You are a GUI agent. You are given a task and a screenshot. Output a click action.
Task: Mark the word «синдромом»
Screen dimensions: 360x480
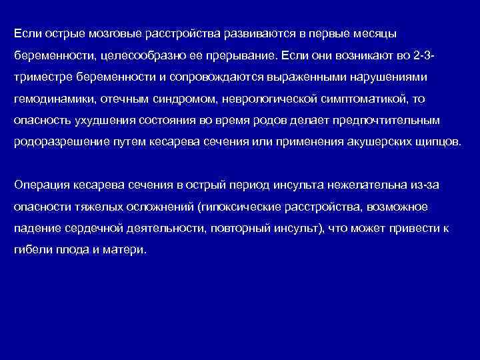point(176,99)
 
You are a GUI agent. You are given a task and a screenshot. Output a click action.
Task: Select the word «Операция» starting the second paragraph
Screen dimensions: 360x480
point(37,185)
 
